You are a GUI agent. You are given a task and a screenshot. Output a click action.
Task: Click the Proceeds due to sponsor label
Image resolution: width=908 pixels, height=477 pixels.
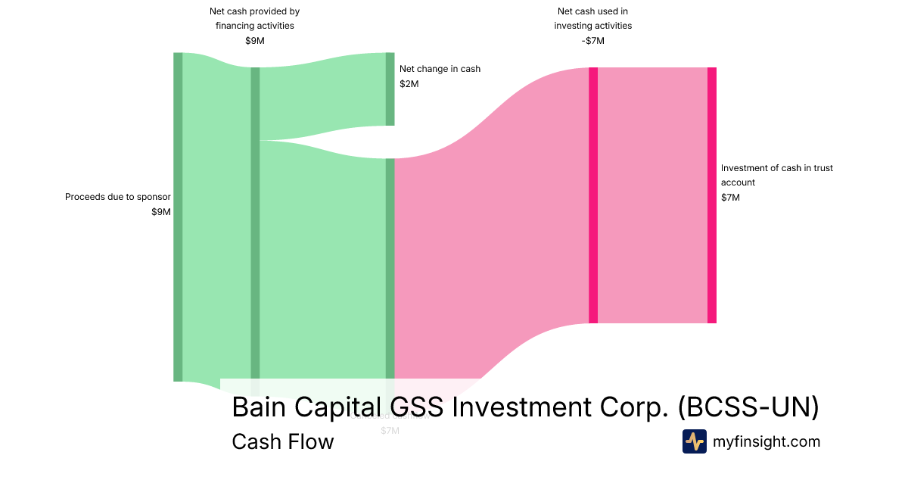click(x=117, y=197)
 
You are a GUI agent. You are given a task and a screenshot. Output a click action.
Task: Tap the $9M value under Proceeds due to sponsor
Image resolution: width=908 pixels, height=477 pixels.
click(x=161, y=212)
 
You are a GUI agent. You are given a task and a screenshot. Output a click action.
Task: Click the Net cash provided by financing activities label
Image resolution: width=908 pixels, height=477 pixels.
click(x=254, y=18)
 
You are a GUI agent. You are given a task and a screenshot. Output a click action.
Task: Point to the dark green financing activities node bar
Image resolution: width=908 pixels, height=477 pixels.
click(x=255, y=227)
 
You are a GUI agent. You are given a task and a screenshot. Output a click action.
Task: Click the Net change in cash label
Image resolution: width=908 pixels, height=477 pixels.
click(x=440, y=69)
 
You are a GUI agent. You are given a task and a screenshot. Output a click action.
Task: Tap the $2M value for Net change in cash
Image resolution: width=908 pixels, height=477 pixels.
click(x=409, y=84)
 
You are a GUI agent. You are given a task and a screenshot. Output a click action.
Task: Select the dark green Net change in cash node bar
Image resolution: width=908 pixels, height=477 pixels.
click(x=390, y=89)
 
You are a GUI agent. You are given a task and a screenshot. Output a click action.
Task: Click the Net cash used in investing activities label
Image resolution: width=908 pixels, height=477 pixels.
click(x=592, y=18)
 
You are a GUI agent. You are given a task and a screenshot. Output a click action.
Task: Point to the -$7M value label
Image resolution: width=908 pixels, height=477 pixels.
click(x=592, y=41)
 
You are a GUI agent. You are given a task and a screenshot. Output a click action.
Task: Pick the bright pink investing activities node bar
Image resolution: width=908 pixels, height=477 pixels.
click(x=593, y=195)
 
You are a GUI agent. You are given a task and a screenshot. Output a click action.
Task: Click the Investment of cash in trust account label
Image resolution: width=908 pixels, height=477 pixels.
click(x=776, y=175)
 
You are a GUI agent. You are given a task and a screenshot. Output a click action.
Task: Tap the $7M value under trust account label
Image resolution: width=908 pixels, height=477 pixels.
click(x=730, y=198)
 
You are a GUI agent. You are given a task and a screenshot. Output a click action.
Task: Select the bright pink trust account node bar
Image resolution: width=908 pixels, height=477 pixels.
click(x=712, y=195)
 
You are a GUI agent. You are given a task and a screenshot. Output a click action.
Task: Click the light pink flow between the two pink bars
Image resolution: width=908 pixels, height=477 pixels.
click(x=652, y=195)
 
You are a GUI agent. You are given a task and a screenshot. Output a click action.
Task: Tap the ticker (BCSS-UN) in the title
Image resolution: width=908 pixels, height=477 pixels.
click(x=748, y=407)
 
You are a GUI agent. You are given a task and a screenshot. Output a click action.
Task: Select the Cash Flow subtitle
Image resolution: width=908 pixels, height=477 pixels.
click(x=282, y=441)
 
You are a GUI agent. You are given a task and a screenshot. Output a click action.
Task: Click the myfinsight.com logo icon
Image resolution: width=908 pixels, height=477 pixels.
click(x=694, y=441)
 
